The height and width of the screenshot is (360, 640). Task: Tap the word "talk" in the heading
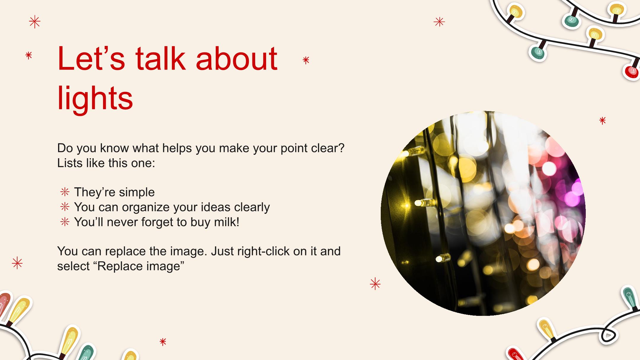(160, 58)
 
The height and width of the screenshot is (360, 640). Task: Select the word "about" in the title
(237, 58)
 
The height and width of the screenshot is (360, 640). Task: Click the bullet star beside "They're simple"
(65, 192)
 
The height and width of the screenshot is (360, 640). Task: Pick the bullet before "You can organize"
(65, 207)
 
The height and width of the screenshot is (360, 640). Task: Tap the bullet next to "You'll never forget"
(65, 222)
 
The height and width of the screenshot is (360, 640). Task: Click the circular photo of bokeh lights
(483, 213)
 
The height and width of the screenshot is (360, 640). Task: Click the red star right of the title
(306, 60)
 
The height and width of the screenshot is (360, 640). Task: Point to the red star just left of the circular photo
(375, 284)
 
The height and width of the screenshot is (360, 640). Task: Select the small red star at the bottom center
(163, 342)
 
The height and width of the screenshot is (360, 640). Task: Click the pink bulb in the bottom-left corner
(4, 303)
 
